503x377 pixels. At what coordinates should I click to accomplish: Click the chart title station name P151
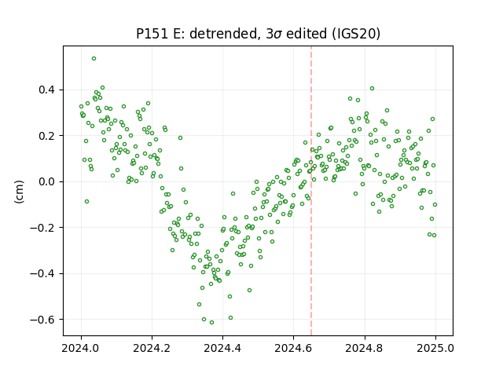pos(152,34)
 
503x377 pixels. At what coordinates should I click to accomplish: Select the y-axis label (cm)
pos(19,192)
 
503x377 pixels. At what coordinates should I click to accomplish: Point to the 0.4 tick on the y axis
pos(47,90)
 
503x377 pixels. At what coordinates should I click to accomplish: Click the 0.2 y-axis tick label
pos(47,136)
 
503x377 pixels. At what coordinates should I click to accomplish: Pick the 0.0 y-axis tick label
pos(47,181)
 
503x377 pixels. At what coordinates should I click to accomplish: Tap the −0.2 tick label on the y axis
pos(42,228)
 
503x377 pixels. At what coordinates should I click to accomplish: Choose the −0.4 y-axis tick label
pos(42,274)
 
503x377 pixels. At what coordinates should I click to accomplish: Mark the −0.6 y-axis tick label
pos(42,320)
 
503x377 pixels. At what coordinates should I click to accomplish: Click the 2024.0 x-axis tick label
pos(81,348)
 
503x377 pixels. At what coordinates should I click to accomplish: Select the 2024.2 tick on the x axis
pos(152,348)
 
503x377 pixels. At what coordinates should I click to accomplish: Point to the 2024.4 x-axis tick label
pos(222,348)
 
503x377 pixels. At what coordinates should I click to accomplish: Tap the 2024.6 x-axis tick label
pos(293,348)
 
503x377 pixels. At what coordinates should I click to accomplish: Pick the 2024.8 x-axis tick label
pos(364,348)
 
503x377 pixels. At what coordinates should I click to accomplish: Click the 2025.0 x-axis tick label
pos(435,348)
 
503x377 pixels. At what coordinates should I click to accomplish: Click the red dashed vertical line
pos(311,191)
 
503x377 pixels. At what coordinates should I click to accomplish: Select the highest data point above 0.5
pos(94,59)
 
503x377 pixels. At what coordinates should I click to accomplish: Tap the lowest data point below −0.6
pos(211,323)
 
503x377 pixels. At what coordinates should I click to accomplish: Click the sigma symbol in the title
pos(278,35)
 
